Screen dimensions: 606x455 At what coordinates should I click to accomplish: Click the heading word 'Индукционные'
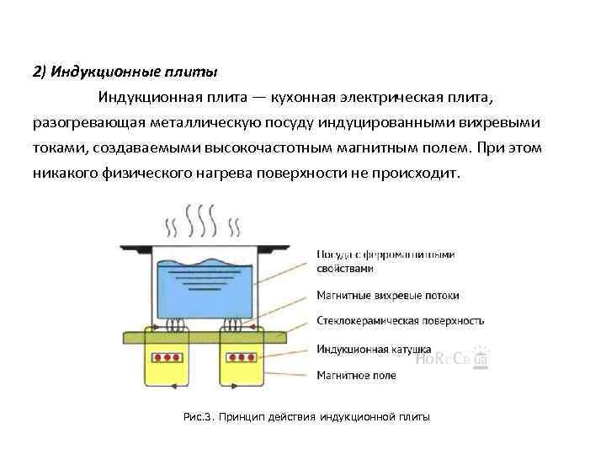[93, 71]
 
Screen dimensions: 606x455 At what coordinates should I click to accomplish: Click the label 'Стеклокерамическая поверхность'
[401, 321]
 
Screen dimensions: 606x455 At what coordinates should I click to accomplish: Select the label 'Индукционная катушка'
[374, 348]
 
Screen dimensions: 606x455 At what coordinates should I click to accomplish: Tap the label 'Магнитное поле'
[357, 374]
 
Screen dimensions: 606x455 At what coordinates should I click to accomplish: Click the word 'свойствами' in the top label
[344, 269]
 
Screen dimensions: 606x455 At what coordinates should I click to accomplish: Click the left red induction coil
[167, 356]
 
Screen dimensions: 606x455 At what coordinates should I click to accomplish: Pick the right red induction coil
[240, 356]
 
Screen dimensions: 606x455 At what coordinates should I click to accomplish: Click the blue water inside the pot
[203, 286]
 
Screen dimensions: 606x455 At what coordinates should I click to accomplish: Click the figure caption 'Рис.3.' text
[199, 417]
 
